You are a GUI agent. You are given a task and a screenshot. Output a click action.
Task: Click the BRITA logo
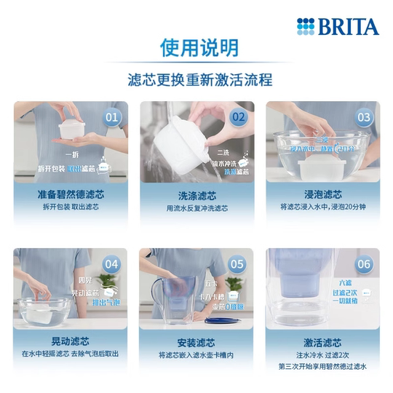click(x=338, y=27)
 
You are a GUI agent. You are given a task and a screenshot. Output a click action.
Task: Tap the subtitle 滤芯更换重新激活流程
click(x=196, y=76)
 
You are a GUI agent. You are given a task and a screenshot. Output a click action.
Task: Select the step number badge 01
click(x=112, y=117)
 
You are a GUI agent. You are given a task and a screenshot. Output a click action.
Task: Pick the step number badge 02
click(x=238, y=117)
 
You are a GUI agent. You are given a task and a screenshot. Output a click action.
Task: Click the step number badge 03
click(x=363, y=117)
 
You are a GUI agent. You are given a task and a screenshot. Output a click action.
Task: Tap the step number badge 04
click(x=112, y=264)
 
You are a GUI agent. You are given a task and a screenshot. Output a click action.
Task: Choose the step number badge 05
click(x=238, y=264)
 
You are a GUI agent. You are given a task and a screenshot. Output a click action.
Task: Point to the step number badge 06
click(x=363, y=264)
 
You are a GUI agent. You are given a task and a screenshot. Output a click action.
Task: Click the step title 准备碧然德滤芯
click(x=71, y=194)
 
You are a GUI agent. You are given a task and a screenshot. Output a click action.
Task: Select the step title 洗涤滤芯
click(x=196, y=194)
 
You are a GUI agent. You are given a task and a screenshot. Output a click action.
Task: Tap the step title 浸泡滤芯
click(x=322, y=194)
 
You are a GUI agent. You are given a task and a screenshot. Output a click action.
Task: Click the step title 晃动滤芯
click(x=71, y=341)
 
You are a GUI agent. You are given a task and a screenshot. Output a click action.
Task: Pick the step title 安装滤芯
click(x=196, y=341)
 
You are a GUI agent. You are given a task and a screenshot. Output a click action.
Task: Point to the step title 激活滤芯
click(x=322, y=341)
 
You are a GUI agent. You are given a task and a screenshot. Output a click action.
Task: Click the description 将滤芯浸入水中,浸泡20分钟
click(x=322, y=207)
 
